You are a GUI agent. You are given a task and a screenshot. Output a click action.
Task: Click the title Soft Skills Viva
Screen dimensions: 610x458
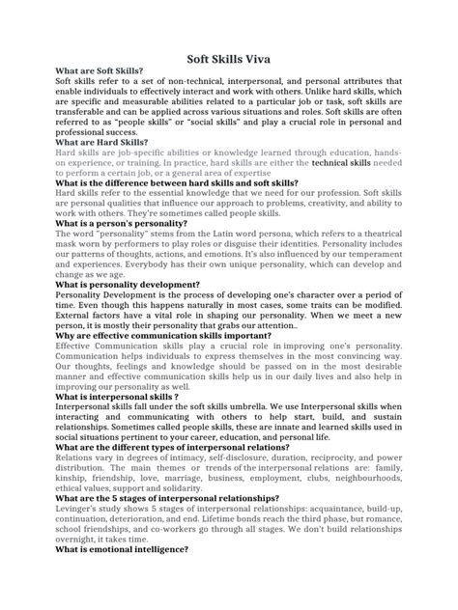click(x=229, y=59)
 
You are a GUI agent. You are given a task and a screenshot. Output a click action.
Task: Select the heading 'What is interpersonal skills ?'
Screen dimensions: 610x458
click(x=117, y=396)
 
